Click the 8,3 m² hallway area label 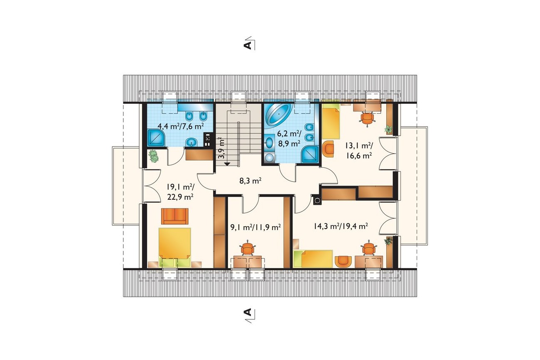point(250,181)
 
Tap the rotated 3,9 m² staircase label point(221,148)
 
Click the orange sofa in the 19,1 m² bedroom point(175,216)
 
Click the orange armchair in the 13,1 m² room point(328,149)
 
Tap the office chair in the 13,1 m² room point(367,118)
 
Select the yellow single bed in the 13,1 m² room point(331,123)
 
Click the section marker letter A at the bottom point(248,312)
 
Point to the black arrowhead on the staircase point(227,164)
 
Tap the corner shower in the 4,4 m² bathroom point(156,138)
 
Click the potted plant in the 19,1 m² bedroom point(153,156)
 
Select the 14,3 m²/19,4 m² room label point(341,226)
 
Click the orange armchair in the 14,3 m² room point(343,262)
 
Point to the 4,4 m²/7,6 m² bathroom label point(181,126)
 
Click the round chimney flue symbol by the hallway point(317,200)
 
